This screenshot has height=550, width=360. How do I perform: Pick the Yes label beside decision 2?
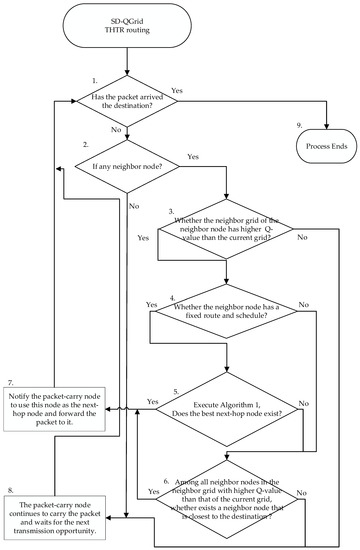tap(192, 156)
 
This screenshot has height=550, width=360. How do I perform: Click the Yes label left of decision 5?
tap(153, 401)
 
